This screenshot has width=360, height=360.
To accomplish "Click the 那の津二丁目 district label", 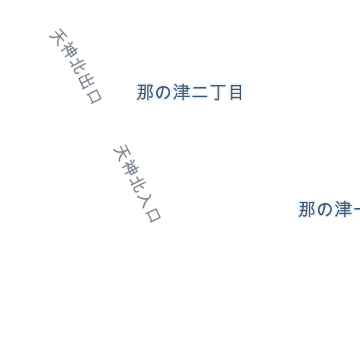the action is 189,93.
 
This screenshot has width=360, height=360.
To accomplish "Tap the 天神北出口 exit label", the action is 75,66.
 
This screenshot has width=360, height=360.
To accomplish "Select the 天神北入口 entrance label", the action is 137,184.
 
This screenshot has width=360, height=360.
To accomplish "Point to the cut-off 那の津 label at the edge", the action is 329,209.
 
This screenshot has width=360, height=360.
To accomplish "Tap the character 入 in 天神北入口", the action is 146,200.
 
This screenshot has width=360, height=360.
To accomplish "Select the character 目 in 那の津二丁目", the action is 236,93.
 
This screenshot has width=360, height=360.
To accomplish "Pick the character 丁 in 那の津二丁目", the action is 218,93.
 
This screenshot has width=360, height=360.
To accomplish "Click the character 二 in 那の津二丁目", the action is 200,93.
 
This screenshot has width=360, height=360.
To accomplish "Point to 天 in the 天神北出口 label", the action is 58,37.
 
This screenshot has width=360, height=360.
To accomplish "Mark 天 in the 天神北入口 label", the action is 122,153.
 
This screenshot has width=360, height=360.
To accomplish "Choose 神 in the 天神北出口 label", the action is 68,50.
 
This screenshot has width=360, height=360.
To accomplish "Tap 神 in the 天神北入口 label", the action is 130,167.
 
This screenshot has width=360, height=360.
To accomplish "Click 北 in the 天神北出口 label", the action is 77,66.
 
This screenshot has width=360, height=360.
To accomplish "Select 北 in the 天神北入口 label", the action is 138,184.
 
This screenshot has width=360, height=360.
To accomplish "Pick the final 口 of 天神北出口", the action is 94,96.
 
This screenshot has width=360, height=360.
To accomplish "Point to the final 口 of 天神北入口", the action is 153,215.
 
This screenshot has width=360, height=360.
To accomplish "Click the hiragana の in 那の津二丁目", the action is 163,93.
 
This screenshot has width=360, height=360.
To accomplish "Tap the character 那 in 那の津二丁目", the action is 145,93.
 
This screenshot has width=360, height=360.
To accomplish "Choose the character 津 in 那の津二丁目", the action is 181,93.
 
